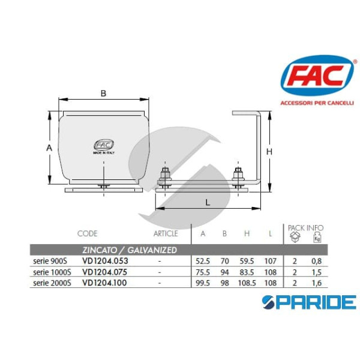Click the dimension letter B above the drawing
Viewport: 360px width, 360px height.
pyautogui.click(x=103, y=93)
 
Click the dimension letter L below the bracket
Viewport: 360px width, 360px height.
pyautogui.click(x=208, y=203)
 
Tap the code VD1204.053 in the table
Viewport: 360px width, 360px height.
pyautogui.click(x=105, y=261)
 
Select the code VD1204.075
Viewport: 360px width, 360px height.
pyautogui.click(x=105, y=272)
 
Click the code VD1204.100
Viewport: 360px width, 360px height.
pyautogui.click(x=105, y=282)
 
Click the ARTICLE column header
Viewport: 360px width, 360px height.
pyautogui.click(x=166, y=233)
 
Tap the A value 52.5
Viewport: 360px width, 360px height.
pyautogui.click(x=203, y=261)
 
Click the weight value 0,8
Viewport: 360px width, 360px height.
pyautogui.click(x=316, y=261)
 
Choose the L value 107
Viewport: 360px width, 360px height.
pyautogui.click(x=271, y=261)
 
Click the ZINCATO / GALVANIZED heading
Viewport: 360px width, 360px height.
pyautogui.click(x=129, y=249)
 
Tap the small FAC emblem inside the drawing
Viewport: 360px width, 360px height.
pyautogui.click(x=103, y=144)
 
